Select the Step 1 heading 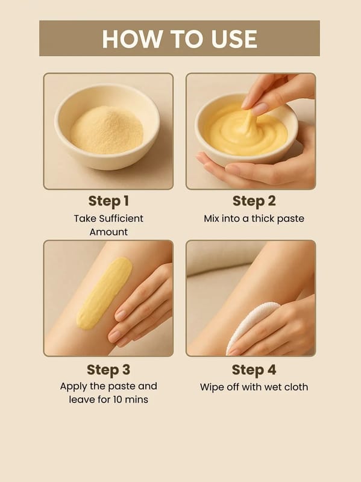click(108, 201)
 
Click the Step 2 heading click(254, 201)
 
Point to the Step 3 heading click(108, 369)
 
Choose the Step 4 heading click(254, 369)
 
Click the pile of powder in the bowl click(107, 130)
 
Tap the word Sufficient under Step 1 click(122, 218)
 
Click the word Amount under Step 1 click(108, 232)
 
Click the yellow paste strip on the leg click(104, 293)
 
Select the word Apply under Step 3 click(72, 387)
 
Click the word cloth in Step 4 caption click(296, 387)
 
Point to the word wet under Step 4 click(273, 387)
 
